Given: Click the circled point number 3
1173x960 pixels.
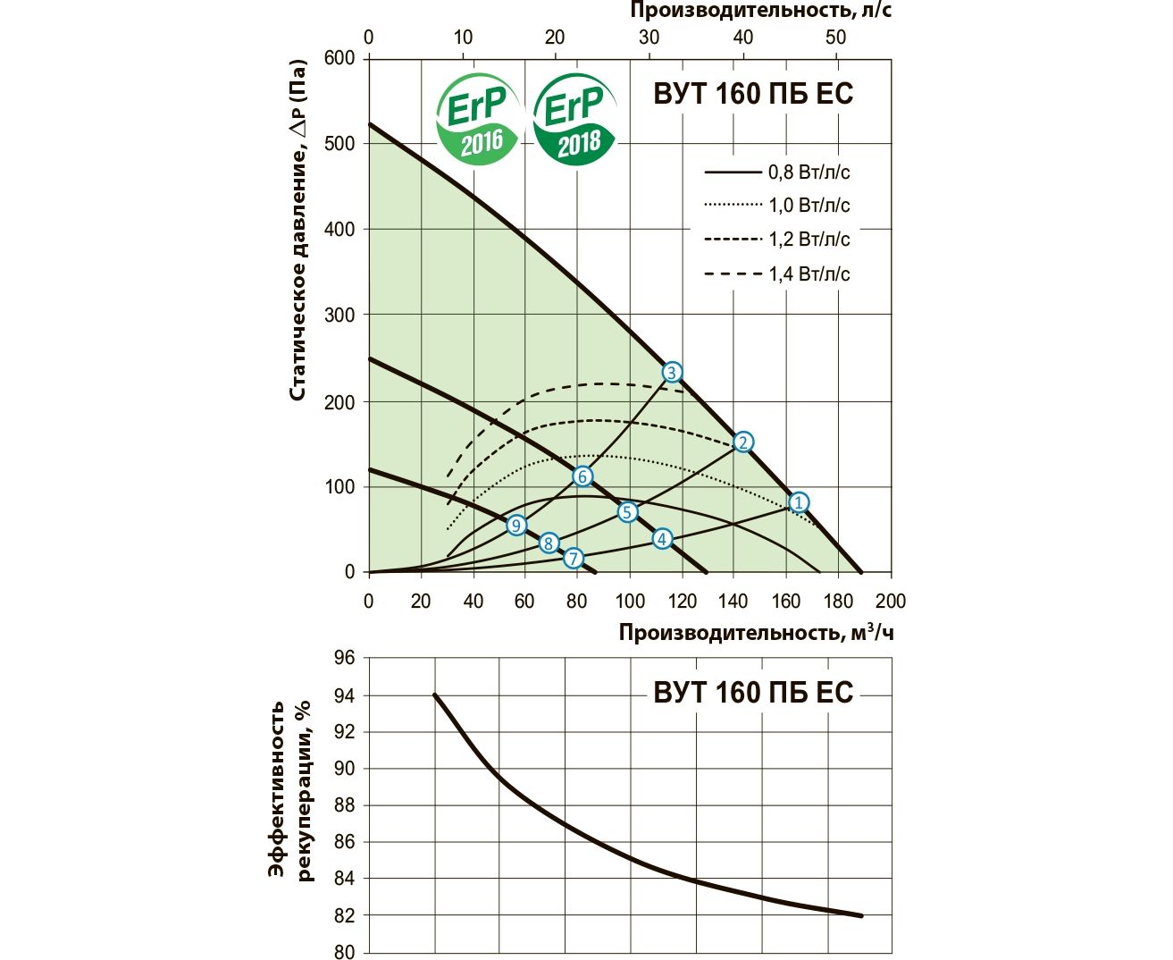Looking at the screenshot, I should (672, 372).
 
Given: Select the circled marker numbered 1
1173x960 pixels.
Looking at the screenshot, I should (799, 502).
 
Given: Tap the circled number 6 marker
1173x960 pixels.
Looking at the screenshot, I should (582, 476).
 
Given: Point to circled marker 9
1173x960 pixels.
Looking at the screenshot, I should (516, 525).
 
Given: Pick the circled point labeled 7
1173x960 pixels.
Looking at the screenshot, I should (573, 559).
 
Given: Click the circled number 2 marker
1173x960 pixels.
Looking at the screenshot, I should (742, 442).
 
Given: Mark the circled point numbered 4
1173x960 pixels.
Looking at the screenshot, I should (661, 539).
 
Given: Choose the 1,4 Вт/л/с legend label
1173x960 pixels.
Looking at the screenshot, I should (809, 274).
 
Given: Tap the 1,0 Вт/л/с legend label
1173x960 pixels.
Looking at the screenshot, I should (809, 206).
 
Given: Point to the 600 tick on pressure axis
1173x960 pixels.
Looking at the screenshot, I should (339, 58).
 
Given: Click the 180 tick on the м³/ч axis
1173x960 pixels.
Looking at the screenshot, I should (838, 601).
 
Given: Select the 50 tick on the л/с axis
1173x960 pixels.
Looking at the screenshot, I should (835, 37).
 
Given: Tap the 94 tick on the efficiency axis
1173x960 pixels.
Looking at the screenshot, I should (344, 695).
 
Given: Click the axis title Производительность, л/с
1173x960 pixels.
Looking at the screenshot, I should (760, 11).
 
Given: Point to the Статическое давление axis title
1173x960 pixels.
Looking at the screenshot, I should (298, 231).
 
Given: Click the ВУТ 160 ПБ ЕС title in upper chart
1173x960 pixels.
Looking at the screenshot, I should (753, 94).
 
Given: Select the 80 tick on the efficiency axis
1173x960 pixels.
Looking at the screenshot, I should (344, 952).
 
